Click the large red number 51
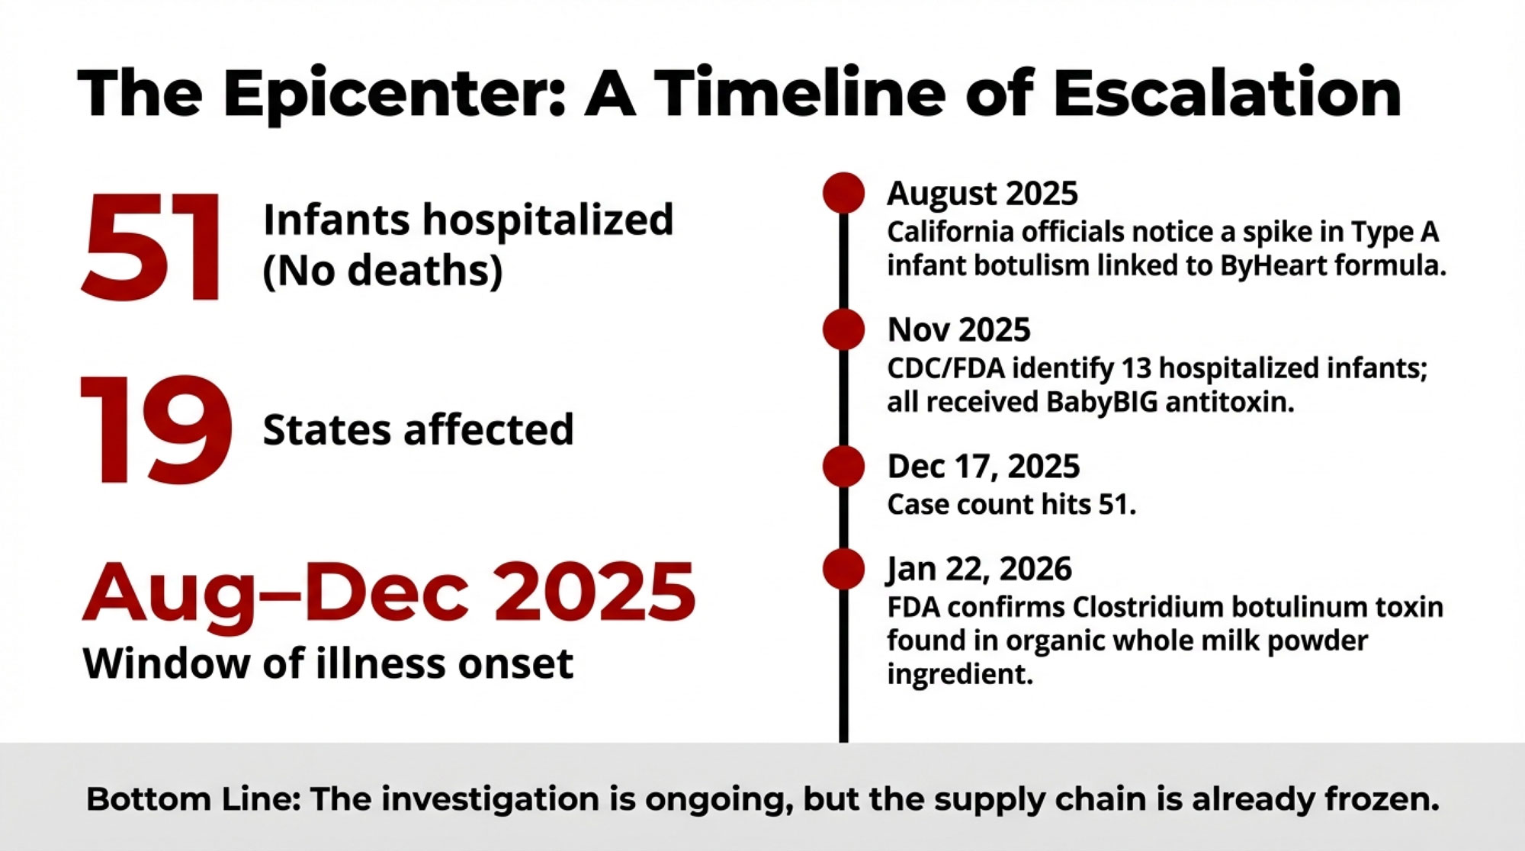point(152,247)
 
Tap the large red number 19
point(156,429)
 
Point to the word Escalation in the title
point(1227,92)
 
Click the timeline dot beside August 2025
point(843,192)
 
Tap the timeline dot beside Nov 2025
point(843,329)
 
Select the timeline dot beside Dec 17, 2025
point(843,466)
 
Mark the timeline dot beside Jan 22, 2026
point(843,569)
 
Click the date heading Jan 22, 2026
point(979,570)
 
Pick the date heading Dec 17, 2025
point(983,467)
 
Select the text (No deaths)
point(383,271)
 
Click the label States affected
point(418,429)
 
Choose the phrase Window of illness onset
point(328,663)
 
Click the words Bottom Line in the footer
point(193,799)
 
